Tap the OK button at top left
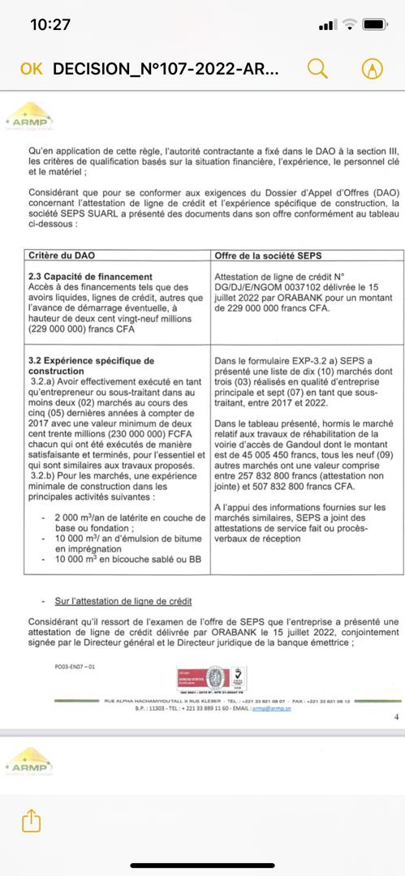31,69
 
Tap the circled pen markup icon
373,69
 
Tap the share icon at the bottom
31,821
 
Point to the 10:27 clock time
50,25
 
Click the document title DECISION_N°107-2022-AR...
166,69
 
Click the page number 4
395,716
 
